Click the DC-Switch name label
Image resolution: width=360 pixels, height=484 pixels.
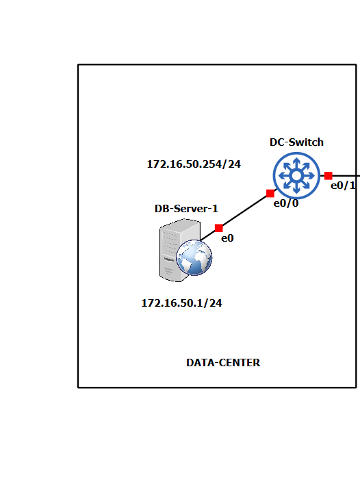coord(296,142)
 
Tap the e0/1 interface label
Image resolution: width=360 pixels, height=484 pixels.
coord(344,186)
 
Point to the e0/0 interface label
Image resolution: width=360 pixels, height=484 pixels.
coord(286,203)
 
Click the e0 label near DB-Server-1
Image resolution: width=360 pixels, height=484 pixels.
coord(227,238)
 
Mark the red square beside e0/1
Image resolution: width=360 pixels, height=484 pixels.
coord(329,176)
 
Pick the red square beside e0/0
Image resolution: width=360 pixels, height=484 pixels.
coord(270,193)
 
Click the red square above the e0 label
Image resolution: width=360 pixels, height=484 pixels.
coord(218,228)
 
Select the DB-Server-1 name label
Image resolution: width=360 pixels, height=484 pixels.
coord(186,207)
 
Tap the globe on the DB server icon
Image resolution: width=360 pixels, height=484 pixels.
coord(194,258)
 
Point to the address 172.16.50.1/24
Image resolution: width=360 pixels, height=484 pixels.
coord(181,303)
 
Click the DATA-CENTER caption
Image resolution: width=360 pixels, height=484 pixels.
coord(223,363)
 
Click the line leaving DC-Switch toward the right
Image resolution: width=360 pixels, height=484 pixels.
coord(346,177)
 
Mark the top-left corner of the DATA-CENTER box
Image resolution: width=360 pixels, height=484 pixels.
coord(79,65)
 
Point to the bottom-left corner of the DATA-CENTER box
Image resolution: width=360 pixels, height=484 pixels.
coord(79,387)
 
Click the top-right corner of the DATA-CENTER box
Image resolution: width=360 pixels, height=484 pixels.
coord(356,65)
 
